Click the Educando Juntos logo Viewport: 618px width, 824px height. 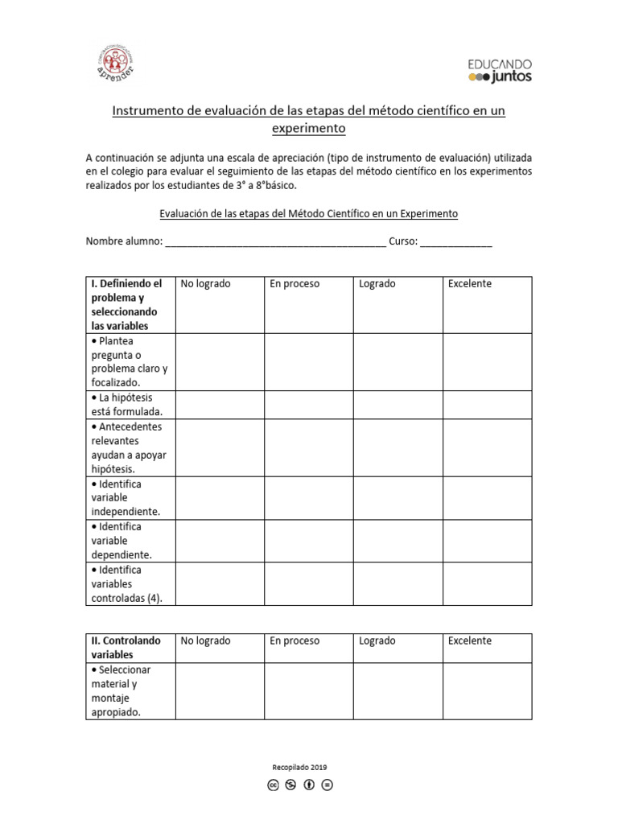499,70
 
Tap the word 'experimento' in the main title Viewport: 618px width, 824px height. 308,128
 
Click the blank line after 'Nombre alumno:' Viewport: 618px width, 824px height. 275,241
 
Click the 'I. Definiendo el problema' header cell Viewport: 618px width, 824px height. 130,305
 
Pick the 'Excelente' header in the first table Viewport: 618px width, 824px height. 470,284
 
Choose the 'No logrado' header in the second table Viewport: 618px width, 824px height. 205,641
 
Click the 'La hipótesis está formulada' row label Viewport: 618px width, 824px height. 130,405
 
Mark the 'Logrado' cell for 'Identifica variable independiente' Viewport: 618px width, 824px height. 398,498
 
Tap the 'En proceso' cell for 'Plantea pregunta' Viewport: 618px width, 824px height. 308,362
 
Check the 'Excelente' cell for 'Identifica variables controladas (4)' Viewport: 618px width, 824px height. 487,583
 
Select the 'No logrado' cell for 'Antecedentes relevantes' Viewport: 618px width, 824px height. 220,447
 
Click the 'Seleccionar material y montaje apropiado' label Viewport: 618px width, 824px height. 130,691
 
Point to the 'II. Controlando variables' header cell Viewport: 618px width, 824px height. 130,648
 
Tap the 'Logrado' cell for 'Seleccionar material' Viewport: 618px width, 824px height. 398,691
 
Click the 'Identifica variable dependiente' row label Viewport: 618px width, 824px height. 130,541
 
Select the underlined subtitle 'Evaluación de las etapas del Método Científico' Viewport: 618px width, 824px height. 308,214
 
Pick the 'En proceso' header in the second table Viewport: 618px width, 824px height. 295,641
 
